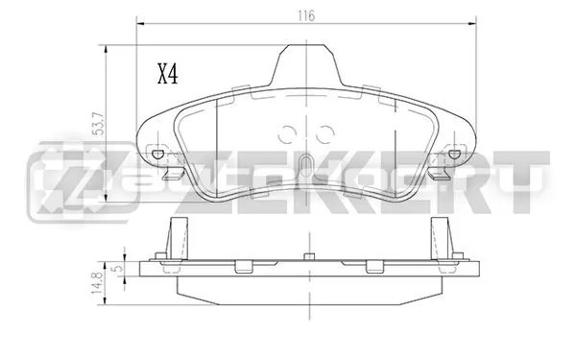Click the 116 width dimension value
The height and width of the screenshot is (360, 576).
306,15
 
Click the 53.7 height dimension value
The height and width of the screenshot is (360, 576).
99,124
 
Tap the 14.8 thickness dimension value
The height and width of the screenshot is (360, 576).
97,283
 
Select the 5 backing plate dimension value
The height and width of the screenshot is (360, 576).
118,269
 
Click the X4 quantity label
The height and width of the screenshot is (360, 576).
167,74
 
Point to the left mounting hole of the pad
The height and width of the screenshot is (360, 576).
158,154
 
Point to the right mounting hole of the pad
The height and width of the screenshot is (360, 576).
454,154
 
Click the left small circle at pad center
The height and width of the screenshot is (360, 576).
285,134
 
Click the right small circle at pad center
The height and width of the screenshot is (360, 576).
325,134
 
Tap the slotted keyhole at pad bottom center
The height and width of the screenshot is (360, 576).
305,167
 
